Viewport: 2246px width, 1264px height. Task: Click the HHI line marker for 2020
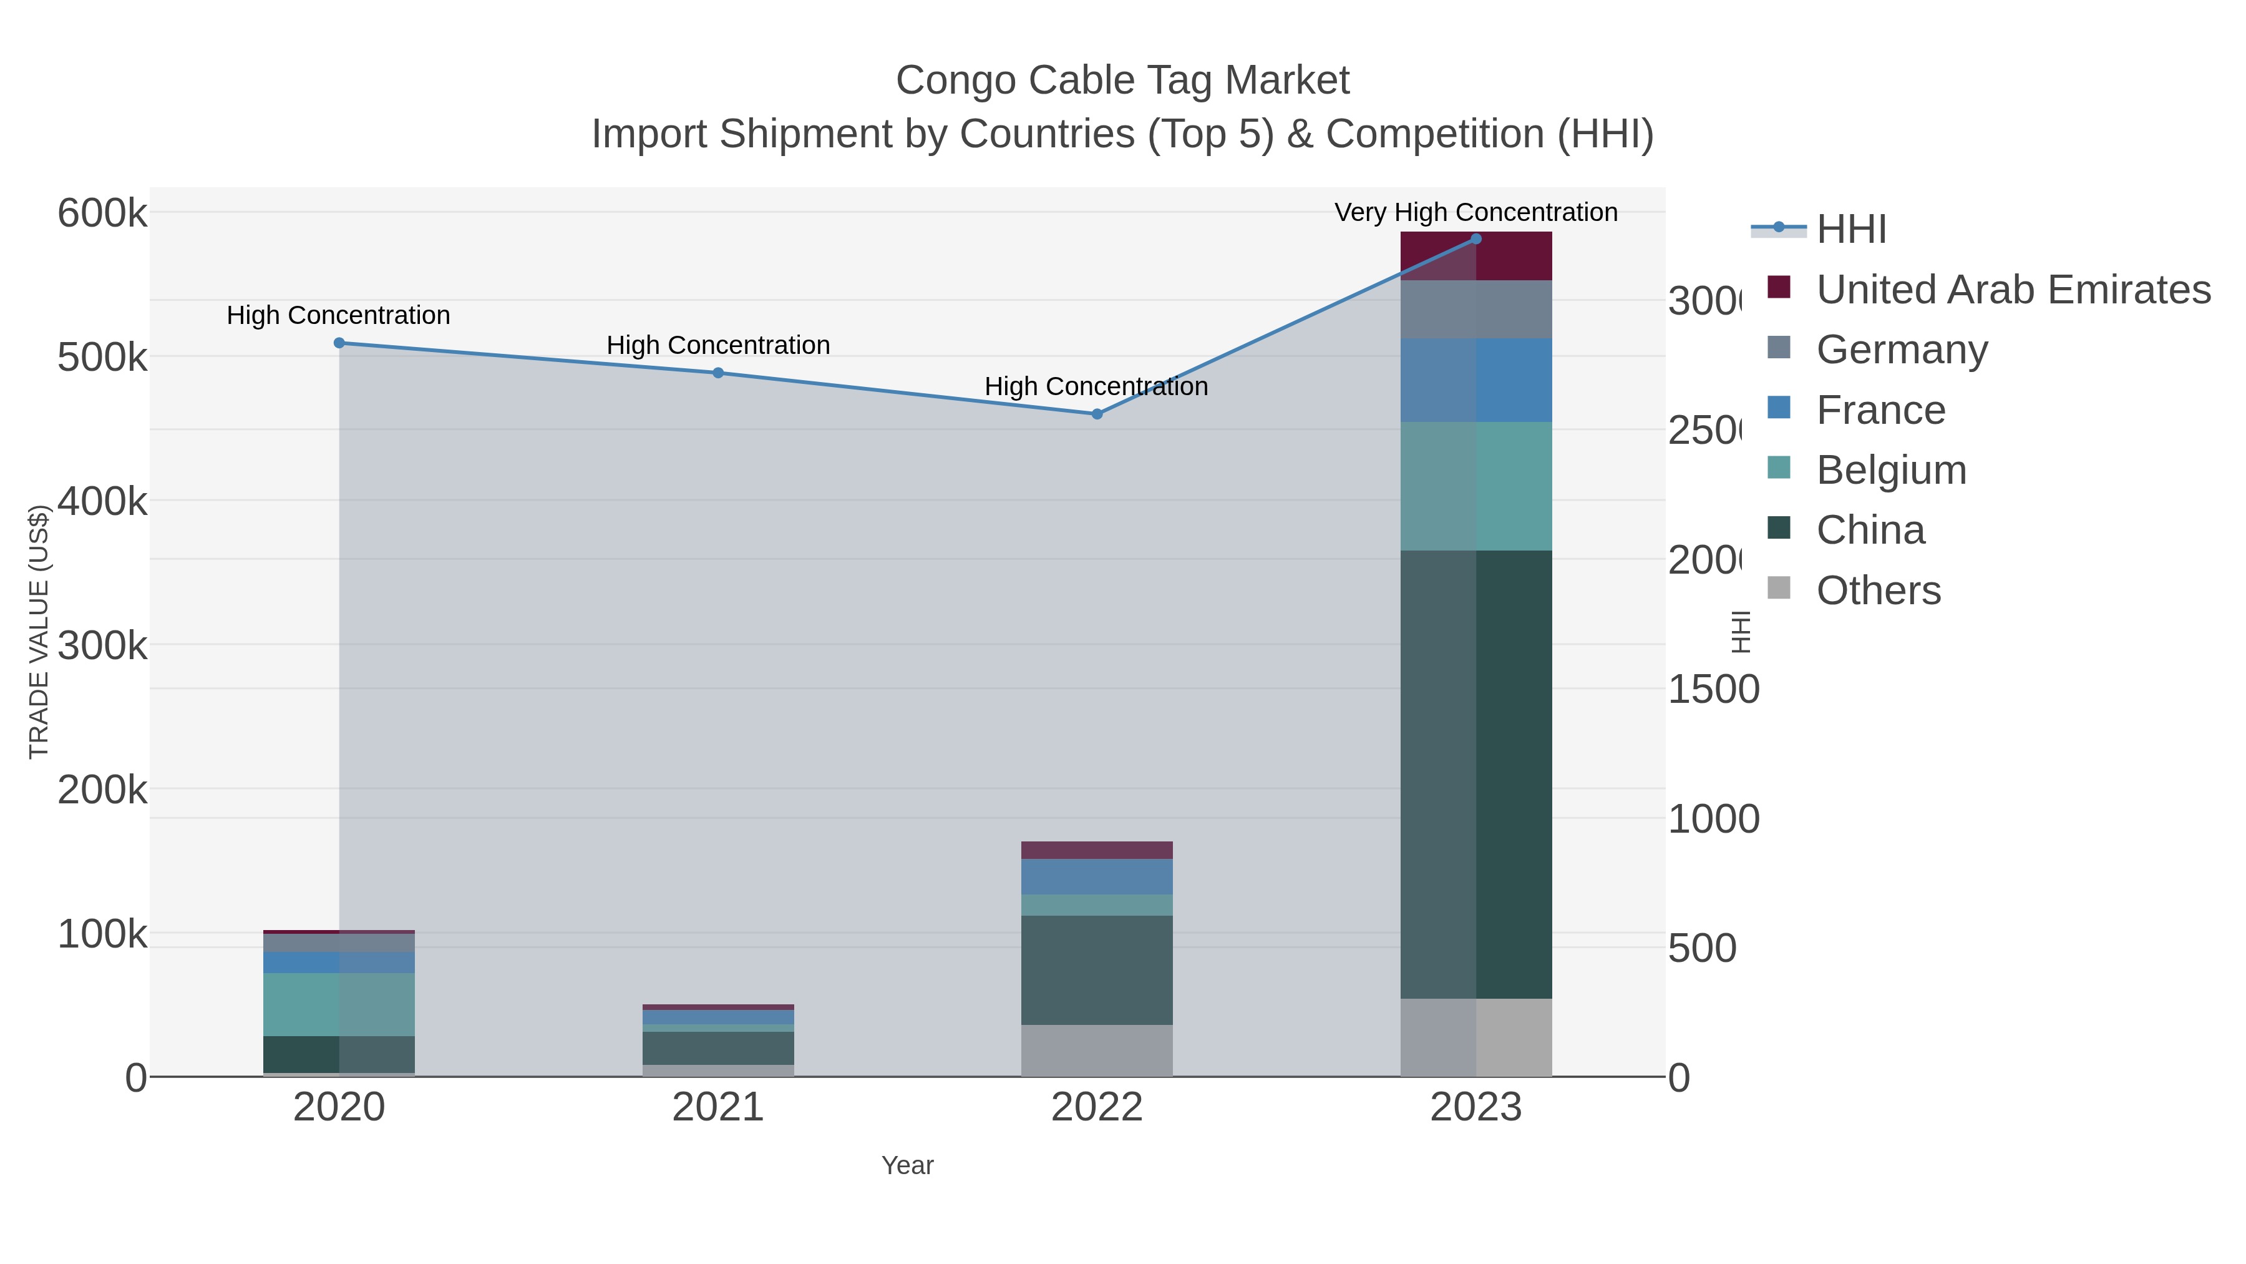339,343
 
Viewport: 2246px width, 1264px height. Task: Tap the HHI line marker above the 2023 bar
1475,238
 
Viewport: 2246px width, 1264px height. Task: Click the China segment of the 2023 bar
1475,774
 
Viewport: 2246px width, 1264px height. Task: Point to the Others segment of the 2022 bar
1097,1051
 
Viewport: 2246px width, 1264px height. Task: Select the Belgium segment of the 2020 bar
339,1004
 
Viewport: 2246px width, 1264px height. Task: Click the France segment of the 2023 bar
1475,380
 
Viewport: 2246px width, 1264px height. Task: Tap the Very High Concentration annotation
1475,212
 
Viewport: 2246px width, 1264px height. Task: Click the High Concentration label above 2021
717,345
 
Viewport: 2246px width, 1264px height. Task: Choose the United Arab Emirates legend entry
2012,290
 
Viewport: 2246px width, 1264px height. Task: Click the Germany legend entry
1902,350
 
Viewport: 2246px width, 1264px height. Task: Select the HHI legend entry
1851,230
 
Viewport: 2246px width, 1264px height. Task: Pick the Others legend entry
1878,590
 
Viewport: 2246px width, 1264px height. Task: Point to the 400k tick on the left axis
102,502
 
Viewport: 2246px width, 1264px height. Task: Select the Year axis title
907,1165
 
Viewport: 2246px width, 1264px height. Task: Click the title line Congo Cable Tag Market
1122,81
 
